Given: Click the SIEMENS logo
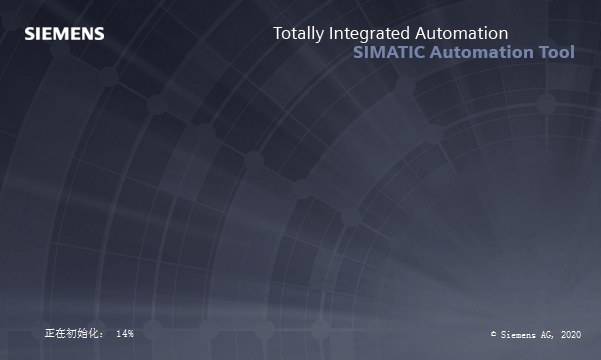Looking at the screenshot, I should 64,34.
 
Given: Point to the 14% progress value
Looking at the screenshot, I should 125,332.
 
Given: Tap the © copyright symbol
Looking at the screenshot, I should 493,333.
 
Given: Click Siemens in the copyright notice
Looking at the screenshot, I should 519,333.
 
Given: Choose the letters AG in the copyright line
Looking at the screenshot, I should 548,333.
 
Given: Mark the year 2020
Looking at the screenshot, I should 571,333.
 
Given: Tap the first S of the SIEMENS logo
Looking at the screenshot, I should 29,34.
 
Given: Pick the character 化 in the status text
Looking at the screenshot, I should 95,332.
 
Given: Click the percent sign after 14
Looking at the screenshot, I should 130,332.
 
